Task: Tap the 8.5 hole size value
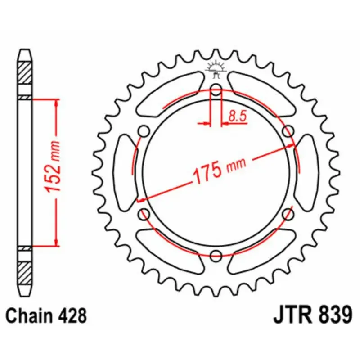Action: click(237, 117)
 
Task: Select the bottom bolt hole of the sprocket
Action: click(216, 255)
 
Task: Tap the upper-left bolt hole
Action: click(144, 131)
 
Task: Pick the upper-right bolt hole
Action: click(288, 131)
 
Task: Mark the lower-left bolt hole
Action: click(144, 214)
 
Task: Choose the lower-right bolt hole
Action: click(288, 214)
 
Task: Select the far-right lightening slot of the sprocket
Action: click(308, 172)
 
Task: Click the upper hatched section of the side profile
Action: click(25, 72)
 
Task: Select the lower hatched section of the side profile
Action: click(25, 273)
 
